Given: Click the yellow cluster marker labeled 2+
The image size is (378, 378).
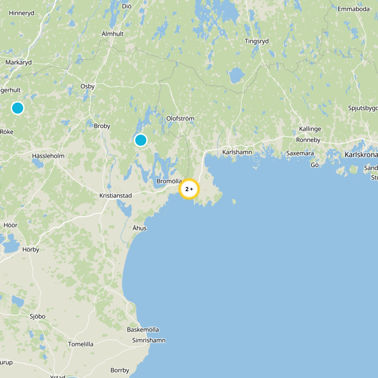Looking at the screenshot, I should click(x=189, y=189).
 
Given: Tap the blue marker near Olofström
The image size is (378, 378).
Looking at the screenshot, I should click(x=141, y=140).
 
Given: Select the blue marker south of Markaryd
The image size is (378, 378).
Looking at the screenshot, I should click(x=17, y=108).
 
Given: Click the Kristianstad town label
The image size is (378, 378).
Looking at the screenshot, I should click(x=116, y=195).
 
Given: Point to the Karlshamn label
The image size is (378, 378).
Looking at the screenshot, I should click(x=237, y=152).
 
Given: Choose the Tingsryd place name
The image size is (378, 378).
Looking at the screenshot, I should click(x=257, y=41).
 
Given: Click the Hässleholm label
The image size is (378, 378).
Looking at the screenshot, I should click(x=48, y=155).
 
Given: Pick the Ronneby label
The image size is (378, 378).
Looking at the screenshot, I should click(x=308, y=140).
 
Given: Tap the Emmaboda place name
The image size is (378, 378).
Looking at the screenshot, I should click(x=353, y=9).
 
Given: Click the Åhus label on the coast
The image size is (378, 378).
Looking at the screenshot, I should click(x=139, y=228).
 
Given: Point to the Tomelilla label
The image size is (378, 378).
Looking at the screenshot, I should click(x=81, y=344).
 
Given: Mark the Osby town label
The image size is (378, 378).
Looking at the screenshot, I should click(x=87, y=86).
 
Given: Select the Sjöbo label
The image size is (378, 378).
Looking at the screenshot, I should click(x=37, y=316).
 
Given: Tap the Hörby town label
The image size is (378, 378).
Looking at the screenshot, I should click(x=31, y=249).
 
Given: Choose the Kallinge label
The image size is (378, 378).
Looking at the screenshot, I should click(x=310, y=129).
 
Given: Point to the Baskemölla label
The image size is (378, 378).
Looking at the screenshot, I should click(x=143, y=329).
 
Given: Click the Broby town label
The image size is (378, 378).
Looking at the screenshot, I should click(x=102, y=126).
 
